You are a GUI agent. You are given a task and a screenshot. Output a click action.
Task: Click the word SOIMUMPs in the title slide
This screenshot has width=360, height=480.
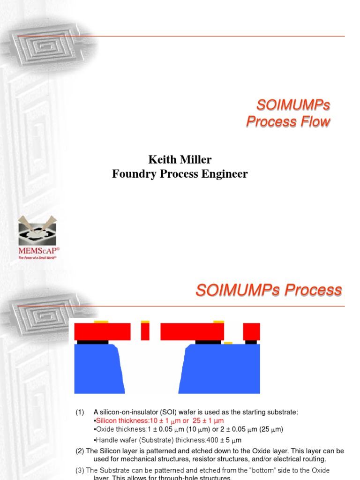(288, 105)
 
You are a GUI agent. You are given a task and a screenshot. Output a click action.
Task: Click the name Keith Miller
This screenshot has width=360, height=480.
(180, 160)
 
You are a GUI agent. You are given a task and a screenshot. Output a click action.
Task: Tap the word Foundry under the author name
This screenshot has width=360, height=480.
(133, 174)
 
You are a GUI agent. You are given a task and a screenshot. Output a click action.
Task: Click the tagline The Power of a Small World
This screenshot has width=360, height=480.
(37, 258)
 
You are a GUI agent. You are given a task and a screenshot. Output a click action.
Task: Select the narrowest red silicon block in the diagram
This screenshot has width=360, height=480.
(145, 331)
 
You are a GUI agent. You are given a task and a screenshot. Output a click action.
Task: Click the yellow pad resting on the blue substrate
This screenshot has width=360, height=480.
(228, 343)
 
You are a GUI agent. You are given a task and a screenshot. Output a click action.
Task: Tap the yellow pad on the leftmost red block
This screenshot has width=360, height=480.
(101, 322)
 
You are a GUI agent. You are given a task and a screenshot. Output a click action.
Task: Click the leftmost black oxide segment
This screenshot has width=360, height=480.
(92, 342)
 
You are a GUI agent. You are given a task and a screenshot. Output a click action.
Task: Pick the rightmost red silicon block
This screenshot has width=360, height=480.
(251, 331)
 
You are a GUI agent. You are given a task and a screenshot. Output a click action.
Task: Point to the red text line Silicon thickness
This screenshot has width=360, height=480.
(159, 420)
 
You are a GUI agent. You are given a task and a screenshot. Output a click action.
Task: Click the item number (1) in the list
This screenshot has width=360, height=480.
(80, 412)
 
